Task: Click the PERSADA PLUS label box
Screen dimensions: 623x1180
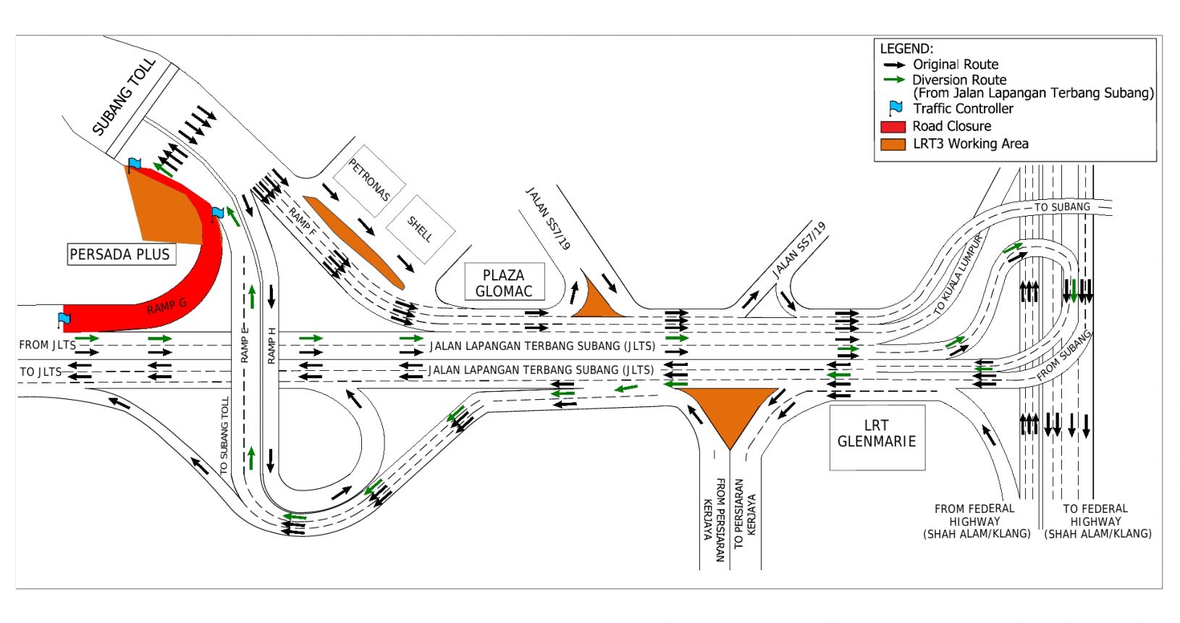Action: (x=120, y=254)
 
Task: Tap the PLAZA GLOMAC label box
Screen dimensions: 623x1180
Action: (x=504, y=283)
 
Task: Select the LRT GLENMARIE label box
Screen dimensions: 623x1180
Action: (x=877, y=434)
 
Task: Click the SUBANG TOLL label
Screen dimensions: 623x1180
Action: (x=124, y=97)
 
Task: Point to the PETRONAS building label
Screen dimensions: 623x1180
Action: (x=369, y=180)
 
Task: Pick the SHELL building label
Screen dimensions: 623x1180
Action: (x=420, y=229)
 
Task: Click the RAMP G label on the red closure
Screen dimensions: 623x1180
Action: (x=167, y=306)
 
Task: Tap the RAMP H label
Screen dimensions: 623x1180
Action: (x=271, y=346)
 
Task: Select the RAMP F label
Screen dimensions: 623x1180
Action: (x=302, y=221)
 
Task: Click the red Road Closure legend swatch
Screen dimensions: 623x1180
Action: (x=893, y=127)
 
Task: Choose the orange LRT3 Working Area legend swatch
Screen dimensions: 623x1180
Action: (x=893, y=144)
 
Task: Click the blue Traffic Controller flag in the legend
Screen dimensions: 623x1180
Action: (x=895, y=109)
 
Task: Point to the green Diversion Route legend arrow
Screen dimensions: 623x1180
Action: (x=894, y=80)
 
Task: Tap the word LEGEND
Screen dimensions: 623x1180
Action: (x=906, y=49)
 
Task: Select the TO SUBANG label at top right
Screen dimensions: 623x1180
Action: (x=1062, y=207)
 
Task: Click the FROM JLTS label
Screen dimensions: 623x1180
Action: (x=47, y=345)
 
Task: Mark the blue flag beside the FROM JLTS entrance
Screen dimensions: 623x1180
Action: (x=64, y=318)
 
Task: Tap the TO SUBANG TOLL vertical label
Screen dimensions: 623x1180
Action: (x=224, y=435)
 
